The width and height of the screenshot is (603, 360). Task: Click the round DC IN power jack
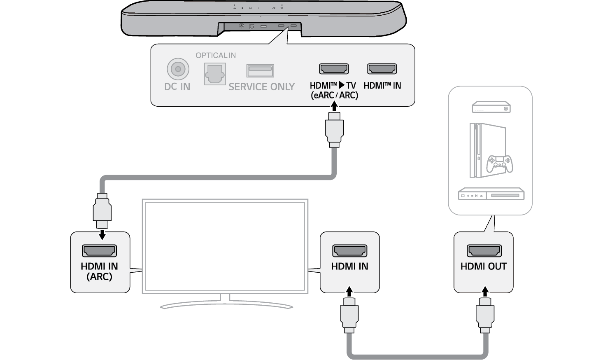(x=178, y=69)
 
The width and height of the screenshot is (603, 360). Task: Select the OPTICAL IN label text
(x=216, y=56)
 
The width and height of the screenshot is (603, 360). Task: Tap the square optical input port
(x=215, y=74)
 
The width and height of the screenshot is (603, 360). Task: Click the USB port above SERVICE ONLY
(x=260, y=70)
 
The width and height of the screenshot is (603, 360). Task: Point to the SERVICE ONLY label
(x=261, y=87)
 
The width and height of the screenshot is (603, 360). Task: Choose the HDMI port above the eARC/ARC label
(x=334, y=69)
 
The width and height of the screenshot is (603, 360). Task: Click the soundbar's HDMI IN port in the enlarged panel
(x=382, y=69)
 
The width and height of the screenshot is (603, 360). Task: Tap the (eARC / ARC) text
(x=334, y=95)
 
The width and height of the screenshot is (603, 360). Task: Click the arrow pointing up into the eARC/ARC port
(x=334, y=106)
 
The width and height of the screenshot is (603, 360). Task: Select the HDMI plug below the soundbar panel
(x=334, y=130)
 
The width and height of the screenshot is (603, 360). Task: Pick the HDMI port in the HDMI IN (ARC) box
(x=99, y=250)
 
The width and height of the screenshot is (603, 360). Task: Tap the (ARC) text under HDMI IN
(x=99, y=277)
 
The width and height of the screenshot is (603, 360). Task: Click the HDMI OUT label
(x=484, y=266)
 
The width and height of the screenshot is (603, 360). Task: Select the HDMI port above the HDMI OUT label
(x=484, y=250)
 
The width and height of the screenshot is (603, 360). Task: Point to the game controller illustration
(x=500, y=164)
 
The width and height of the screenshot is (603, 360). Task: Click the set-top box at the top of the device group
(x=491, y=107)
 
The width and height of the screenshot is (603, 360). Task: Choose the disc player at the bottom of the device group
(x=491, y=194)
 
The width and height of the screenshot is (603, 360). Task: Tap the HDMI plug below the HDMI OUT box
(x=485, y=315)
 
